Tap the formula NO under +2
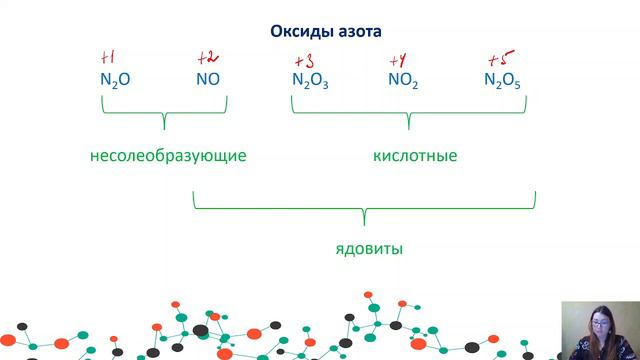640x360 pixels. tap(208, 78)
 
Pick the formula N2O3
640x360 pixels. tap(310, 79)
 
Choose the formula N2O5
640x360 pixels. tap(502, 79)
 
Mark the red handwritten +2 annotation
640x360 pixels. tap(207, 56)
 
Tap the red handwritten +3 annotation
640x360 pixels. tap(305, 58)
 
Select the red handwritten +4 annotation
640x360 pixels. tap(397, 58)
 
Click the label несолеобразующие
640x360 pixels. tap(168, 157)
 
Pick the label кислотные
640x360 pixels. tap(415, 157)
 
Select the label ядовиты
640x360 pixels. tap(369, 247)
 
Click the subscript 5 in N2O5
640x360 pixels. tap(517, 84)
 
